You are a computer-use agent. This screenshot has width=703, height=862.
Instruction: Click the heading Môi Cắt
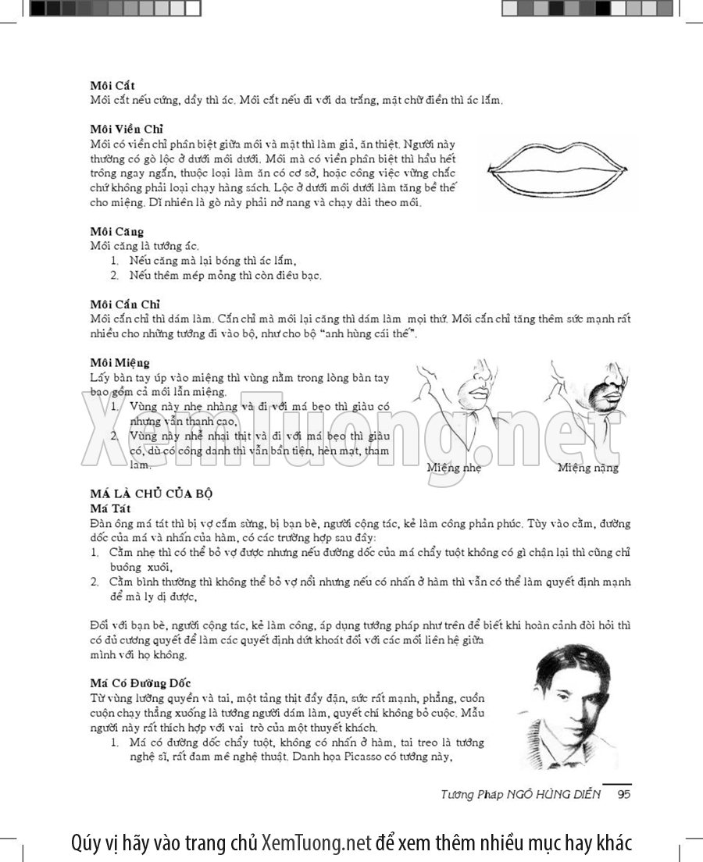[x=112, y=86]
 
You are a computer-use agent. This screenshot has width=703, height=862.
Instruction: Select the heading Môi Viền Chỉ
[x=126, y=129]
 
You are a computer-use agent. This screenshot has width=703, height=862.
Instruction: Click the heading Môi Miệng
[x=120, y=362]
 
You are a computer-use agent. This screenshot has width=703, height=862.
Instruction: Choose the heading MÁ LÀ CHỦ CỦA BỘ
[x=152, y=493]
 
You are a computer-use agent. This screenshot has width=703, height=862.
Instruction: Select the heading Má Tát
[x=109, y=508]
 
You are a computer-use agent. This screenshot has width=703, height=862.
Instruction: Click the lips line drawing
[x=558, y=172]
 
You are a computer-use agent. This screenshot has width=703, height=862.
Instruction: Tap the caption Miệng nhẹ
[x=454, y=468]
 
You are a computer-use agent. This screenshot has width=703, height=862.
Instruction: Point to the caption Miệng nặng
[x=588, y=468]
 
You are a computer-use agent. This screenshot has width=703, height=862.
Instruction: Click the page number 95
[x=623, y=795]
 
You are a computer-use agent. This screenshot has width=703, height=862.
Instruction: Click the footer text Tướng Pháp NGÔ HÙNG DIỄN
[x=520, y=795]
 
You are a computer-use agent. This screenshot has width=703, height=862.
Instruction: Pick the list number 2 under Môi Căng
[x=114, y=276]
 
